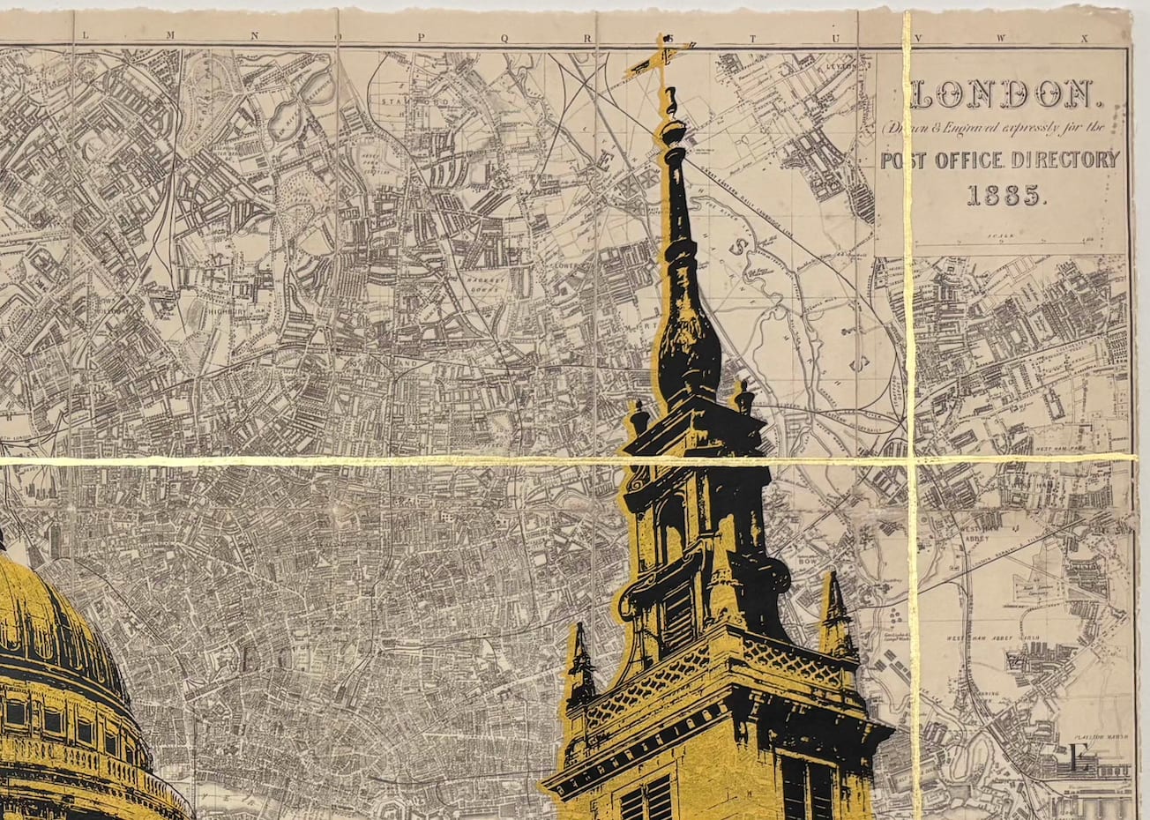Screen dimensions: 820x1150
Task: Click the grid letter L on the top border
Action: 86,36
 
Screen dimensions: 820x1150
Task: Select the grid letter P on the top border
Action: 422,36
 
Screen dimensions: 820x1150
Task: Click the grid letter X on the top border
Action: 1087,38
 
